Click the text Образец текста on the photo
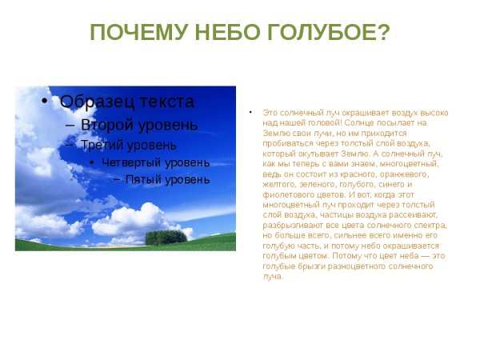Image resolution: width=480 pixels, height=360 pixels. (x=126, y=102)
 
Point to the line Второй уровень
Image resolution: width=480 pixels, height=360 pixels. (x=138, y=125)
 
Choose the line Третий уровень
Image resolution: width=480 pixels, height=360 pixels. (x=129, y=145)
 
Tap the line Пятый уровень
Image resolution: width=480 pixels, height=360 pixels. (x=167, y=179)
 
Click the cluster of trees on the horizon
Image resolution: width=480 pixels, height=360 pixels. (x=166, y=237)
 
